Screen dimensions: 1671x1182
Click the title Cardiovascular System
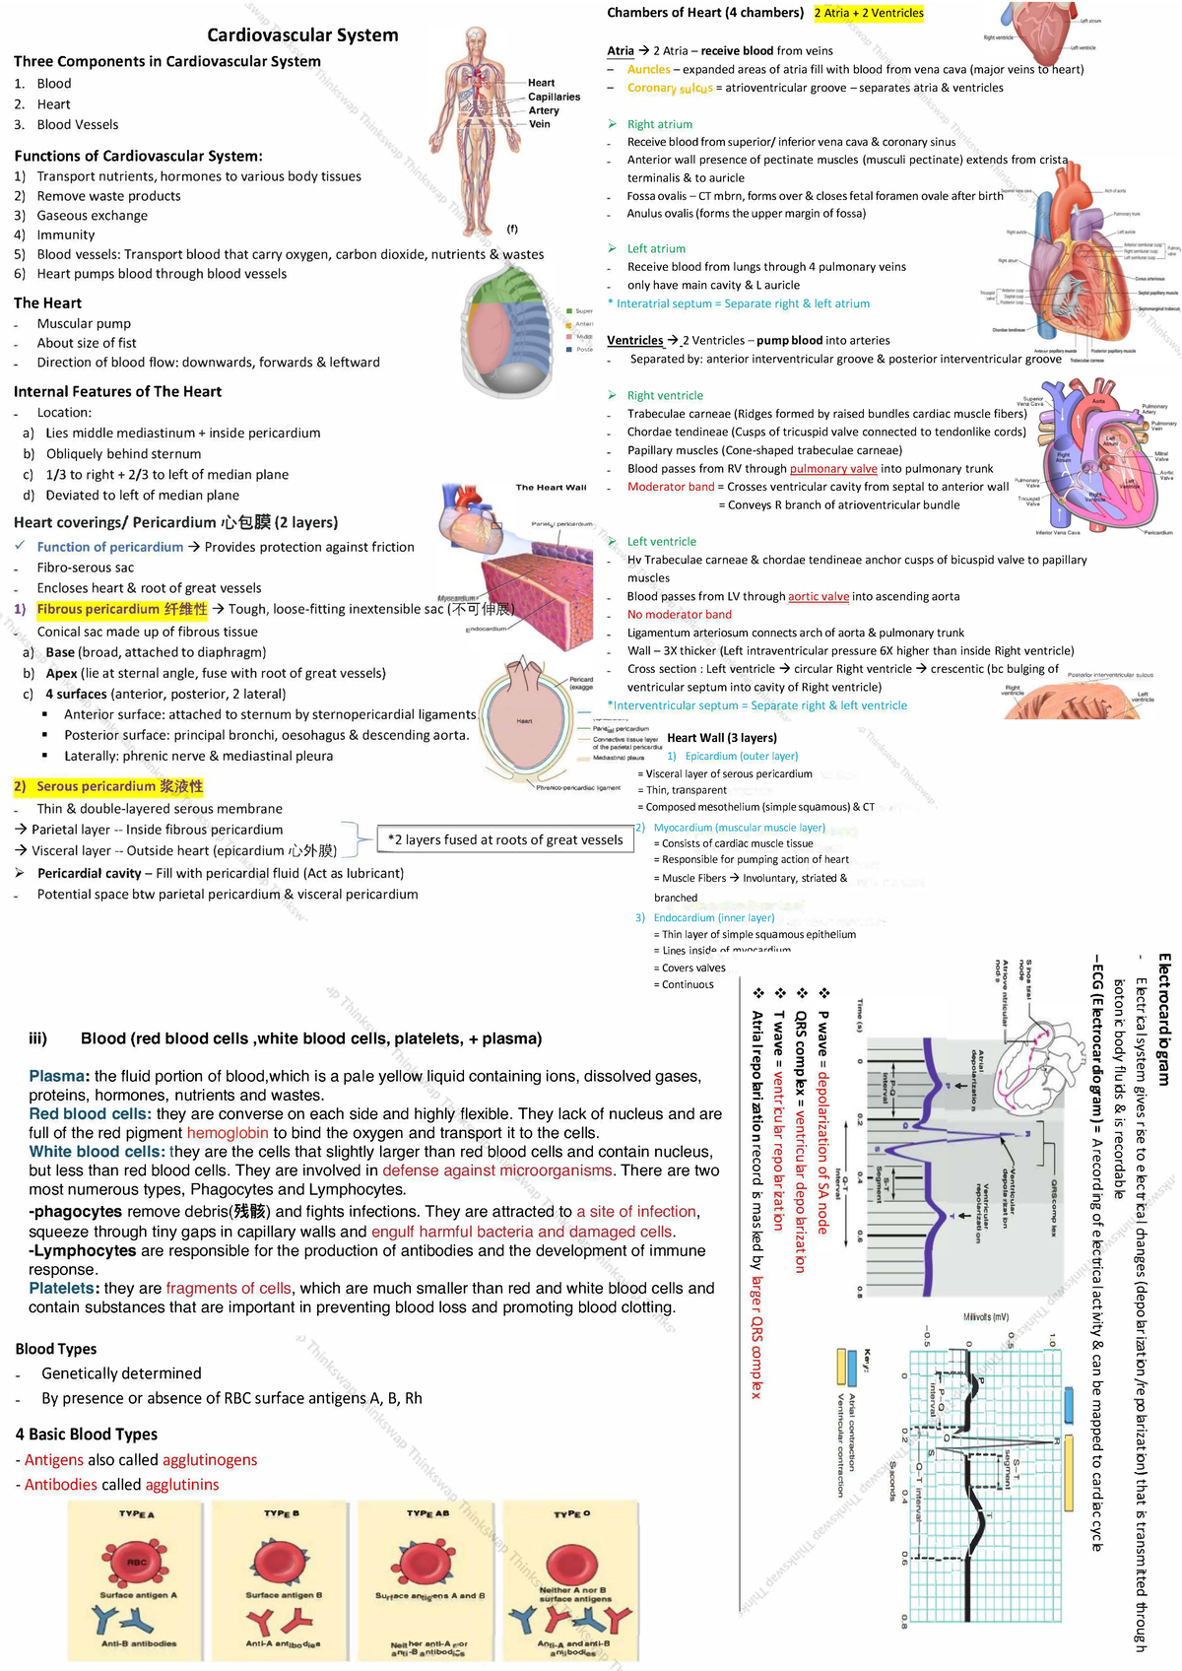tap(302, 35)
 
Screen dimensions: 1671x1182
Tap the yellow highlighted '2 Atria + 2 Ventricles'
tap(869, 13)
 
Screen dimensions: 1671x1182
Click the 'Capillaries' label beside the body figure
tap(554, 97)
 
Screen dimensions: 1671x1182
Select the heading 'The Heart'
tap(47, 302)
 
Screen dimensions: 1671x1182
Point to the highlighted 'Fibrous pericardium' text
tap(122, 609)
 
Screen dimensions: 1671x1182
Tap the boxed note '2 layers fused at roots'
tap(505, 839)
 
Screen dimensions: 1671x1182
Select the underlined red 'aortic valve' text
tap(818, 596)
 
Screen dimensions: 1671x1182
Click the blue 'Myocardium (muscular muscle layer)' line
tap(739, 828)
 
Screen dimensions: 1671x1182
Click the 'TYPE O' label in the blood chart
tap(571, 1514)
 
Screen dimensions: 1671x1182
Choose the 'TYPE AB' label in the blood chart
tap(427, 1513)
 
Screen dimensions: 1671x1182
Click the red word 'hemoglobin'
tap(228, 1133)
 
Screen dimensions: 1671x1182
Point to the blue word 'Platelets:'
tap(64, 1289)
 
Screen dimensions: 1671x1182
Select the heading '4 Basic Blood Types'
tap(87, 1435)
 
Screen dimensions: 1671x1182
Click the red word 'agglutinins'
tap(182, 1485)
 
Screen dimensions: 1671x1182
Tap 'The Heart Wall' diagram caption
tap(551, 487)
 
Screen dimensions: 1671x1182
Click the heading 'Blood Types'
tap(56, 1349)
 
